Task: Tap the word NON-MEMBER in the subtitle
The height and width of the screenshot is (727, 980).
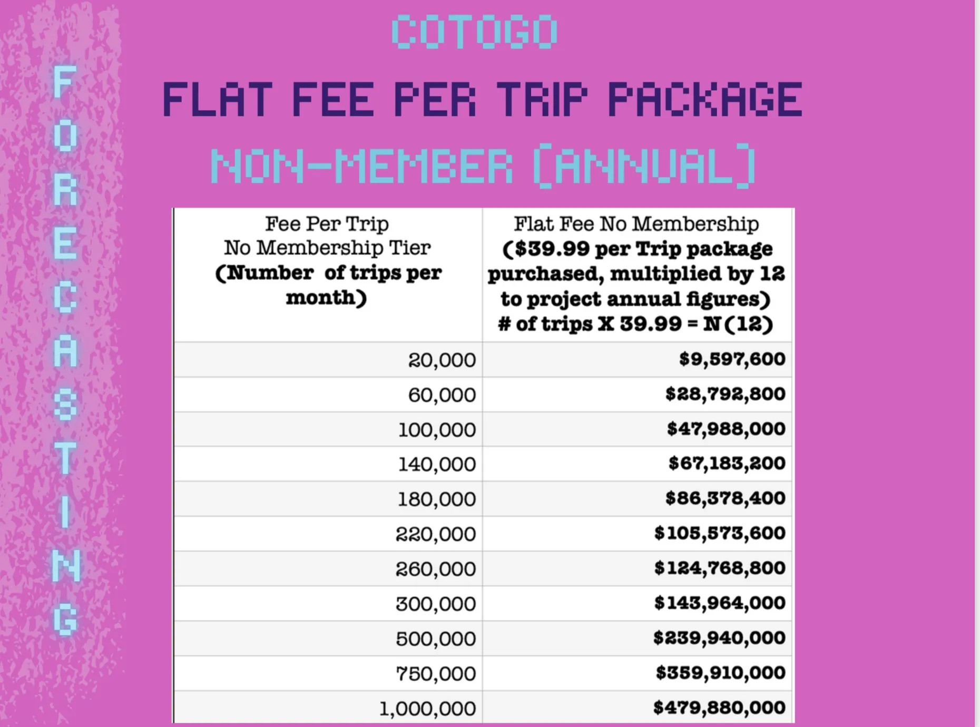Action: (361, 166)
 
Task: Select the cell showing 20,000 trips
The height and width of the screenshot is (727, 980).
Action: (442, 360)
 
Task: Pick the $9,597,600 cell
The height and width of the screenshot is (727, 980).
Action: (732, 359)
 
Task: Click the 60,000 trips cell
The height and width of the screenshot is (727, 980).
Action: (442, 395)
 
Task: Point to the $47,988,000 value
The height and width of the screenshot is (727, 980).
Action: (726, 429)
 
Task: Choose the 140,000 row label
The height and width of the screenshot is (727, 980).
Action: (437, 464)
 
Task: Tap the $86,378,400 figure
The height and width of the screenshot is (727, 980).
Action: (725, 498)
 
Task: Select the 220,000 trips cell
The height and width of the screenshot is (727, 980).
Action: (436, 534)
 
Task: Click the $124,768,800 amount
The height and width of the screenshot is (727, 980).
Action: (720, 568)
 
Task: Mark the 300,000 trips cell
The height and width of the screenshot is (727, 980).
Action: (436, 604)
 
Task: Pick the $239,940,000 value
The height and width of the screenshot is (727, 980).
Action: (719, 638)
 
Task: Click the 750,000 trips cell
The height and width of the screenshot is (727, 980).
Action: (436, 673)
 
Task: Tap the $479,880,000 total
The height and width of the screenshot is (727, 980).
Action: (719, 708)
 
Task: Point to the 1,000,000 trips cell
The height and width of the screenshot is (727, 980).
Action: (427, 709)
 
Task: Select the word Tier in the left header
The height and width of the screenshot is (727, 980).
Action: (409, 248)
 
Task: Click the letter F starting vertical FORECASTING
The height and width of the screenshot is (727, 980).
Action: (64, 82)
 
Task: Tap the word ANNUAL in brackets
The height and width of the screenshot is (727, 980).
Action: (643, 166)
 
